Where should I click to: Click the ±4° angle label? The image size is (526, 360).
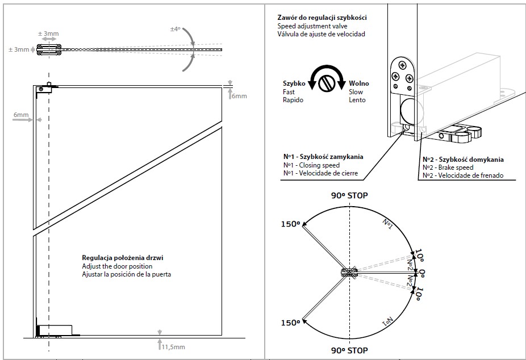click(x=175, y=28)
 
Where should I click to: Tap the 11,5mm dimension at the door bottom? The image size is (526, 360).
click(x=173, y=346)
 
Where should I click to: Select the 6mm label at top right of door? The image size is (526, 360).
click(x=239, y=96)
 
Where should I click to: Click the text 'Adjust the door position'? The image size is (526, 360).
click(x=117, y=266)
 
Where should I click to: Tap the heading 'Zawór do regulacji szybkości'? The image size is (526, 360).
click(x=322, y=18)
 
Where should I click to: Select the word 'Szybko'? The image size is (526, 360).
click(x=294, y=83)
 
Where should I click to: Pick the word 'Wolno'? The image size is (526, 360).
click(x=359, y=83)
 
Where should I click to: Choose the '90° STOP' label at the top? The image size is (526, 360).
click(x=349, y=195)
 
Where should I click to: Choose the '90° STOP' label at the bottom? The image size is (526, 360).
click(x=349, y=350)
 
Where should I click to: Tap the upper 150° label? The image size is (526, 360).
click(x=290, y=224)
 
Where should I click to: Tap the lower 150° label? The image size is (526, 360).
click(x=290, y=323)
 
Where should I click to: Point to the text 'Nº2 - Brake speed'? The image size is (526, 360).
click(x=449, y=168)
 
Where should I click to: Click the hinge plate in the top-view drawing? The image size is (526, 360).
click(x=48, y=50)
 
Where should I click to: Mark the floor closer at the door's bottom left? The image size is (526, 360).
click(x=54, y=329)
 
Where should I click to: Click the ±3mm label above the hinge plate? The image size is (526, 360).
click(x=48, y=34)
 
